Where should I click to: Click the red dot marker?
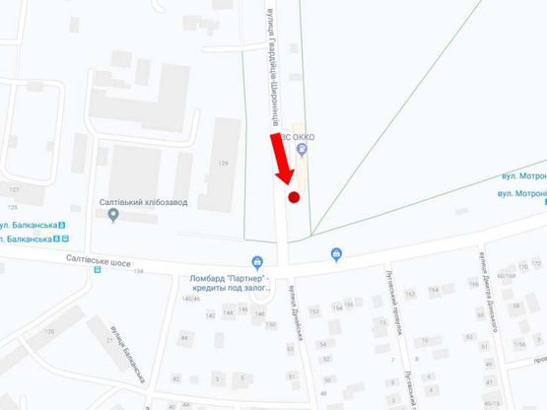tap(293, 198)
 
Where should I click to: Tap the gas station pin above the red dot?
tap(303, 150)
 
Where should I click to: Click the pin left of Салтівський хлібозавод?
tap(113, 215)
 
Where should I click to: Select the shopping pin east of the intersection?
tap(337, 255)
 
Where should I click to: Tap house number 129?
tap(223, 163)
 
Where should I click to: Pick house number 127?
tap(14, 188)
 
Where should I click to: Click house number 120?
tap(49, 333)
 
